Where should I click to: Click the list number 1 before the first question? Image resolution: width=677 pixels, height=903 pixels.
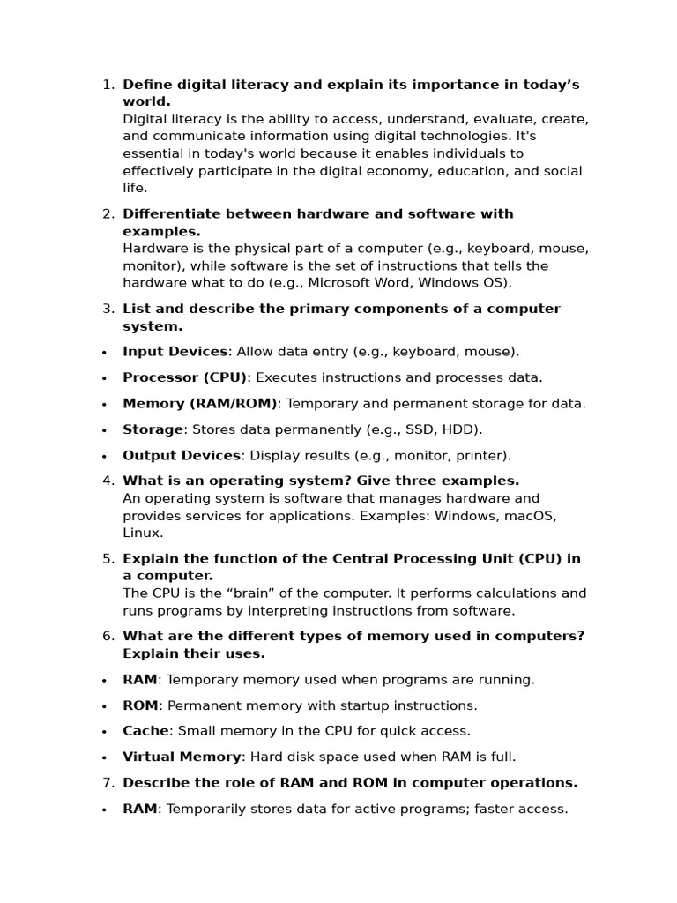point(107,85)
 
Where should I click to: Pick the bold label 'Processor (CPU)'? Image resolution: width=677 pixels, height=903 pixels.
point(185,377)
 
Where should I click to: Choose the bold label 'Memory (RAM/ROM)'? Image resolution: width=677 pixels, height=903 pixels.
point(199,403)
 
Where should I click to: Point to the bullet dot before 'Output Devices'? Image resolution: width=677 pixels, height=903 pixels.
point(104,457)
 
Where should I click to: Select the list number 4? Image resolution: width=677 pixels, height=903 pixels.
point(108,481)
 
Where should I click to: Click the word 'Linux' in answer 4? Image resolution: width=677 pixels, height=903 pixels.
point(142,533)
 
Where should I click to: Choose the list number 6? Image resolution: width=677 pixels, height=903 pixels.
point(108,636)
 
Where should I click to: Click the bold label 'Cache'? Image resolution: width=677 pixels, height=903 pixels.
point(145,730)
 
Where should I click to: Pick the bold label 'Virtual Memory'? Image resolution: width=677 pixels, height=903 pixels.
point(182,757)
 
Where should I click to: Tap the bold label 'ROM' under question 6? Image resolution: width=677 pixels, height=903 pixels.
point(140,705)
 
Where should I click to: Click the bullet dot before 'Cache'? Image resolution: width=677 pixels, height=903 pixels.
point(104,732)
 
